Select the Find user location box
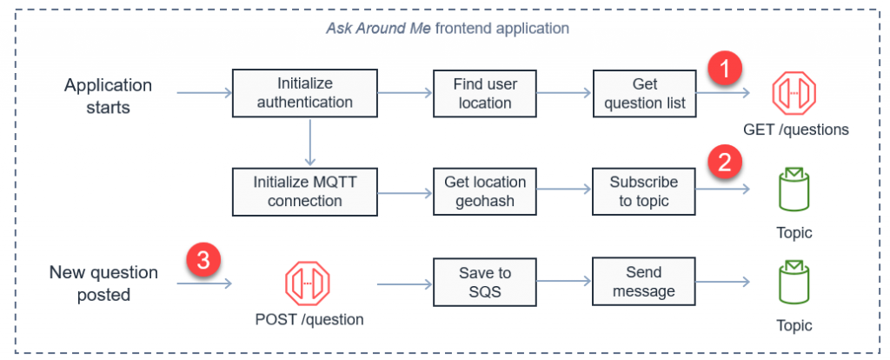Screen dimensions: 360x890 [x=485, y=93]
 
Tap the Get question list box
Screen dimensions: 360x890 [x=645, y=93]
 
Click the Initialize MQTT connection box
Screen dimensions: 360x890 [x=304, y=191]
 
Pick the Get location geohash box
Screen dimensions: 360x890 [x=485, y=191]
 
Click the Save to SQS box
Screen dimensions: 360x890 [x=485, y=282]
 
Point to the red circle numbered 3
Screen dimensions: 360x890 [x=203, y=258]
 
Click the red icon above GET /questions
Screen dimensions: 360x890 [x=795, y=92]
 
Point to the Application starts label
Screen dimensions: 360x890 [x=108, y=96]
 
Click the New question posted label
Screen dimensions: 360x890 [x=103, y=283]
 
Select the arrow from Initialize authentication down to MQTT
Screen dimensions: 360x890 [x=308, y=140]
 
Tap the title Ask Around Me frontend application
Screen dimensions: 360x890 [x=448, y=28]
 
